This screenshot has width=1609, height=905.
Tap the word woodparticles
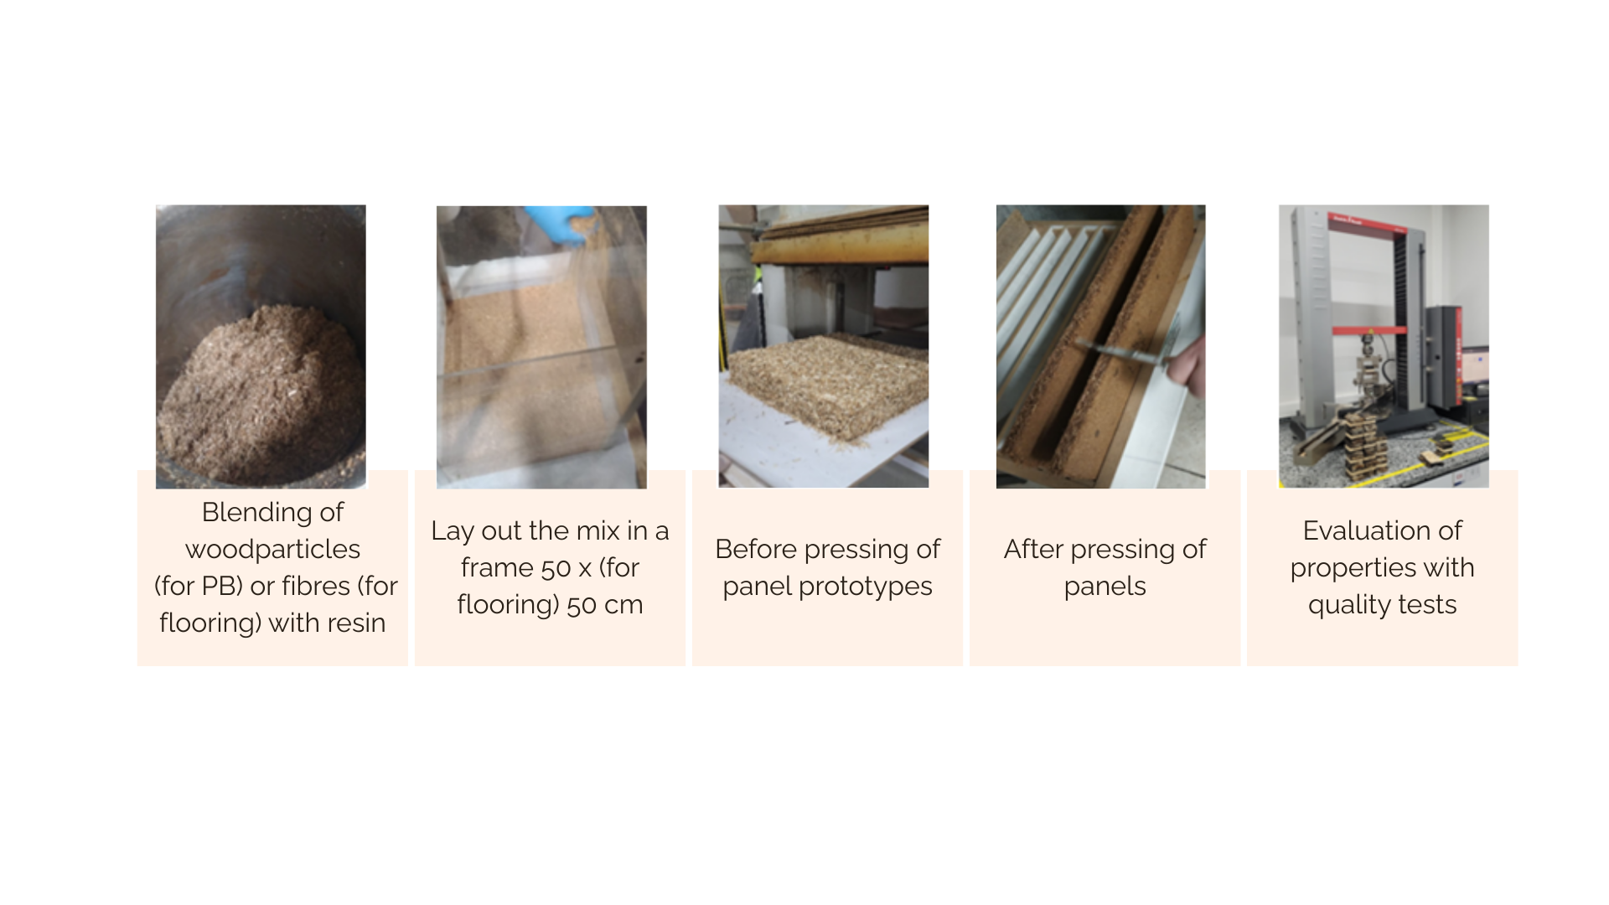(x=272, y=550)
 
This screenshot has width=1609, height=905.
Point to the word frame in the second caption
(x=497, y=568)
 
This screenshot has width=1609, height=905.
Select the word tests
(x=1431, y=605)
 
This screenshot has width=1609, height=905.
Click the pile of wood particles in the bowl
(x=260, y=394)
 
